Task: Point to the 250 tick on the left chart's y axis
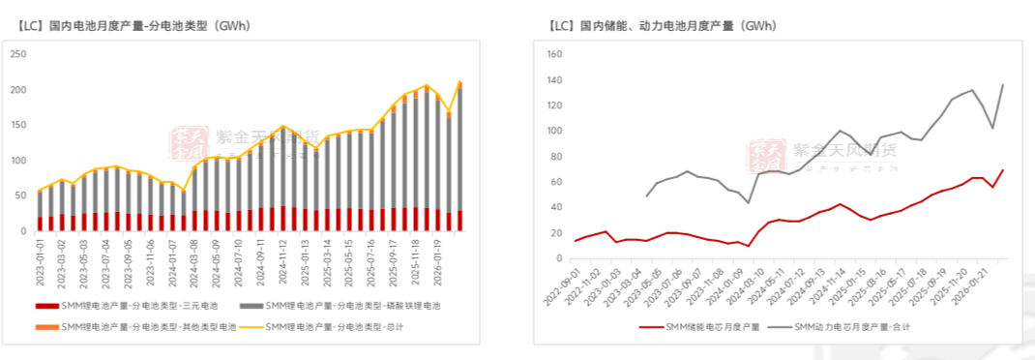[x=17, y=54]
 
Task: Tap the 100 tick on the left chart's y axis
[x=17, y=161]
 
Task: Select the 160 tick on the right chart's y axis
[x=554, y=54]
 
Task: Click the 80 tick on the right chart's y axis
[x=557, y=156]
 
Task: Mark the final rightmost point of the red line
[x=1002, y=170]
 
